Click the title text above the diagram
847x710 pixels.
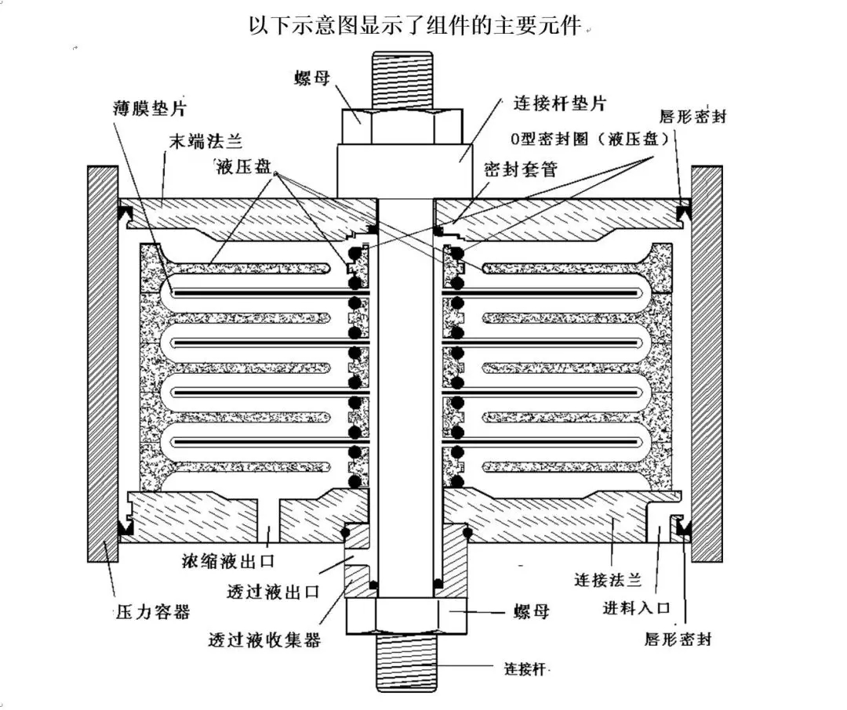click(x=416, y=25)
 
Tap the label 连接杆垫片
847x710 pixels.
click(x=559, y=103)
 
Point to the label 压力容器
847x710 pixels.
click(x=152, y=610)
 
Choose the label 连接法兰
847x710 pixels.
click(x=609, y=580)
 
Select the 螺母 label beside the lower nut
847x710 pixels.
click(x=529, y=611)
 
